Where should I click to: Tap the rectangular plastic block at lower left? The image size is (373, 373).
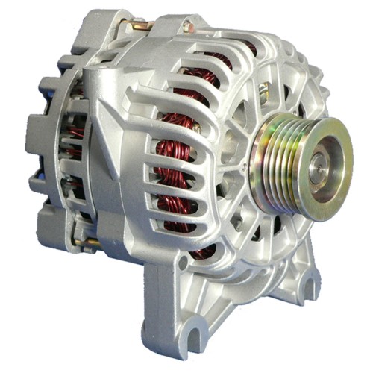52,224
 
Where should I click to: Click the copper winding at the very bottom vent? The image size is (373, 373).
201,252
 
